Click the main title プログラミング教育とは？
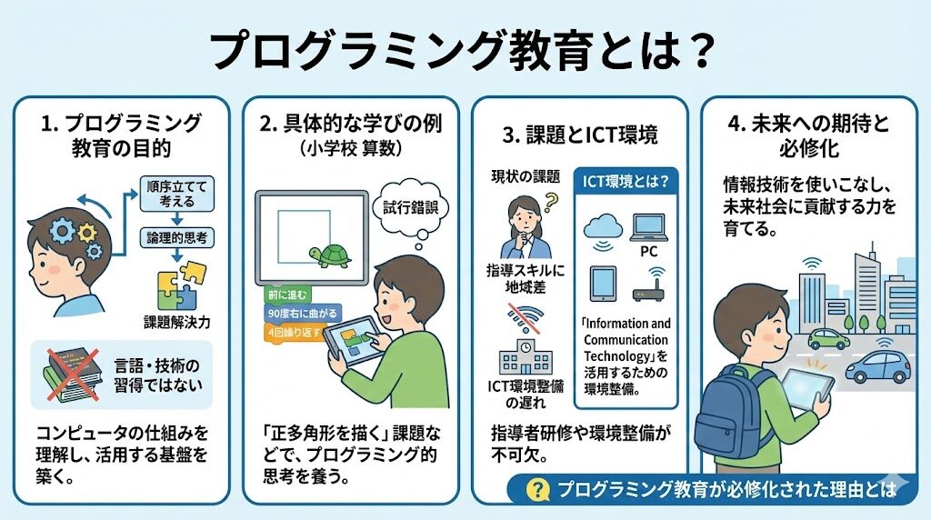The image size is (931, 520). click(462, 51)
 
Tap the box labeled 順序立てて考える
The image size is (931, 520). click(176, 194)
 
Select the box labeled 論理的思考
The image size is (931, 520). click(177, 238)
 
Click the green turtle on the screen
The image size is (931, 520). click(330, 255)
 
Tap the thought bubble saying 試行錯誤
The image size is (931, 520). click(410, 208)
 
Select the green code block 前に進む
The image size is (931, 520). click(287, 295)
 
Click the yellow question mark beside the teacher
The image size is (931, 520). click(551, 202)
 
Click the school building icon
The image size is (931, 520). click(526, 356)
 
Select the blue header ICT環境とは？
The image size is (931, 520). click(626, 181)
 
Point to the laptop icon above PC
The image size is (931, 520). click(649, 228)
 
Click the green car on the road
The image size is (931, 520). click(829, 339)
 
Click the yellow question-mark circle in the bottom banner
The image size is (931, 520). click(537, 490)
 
